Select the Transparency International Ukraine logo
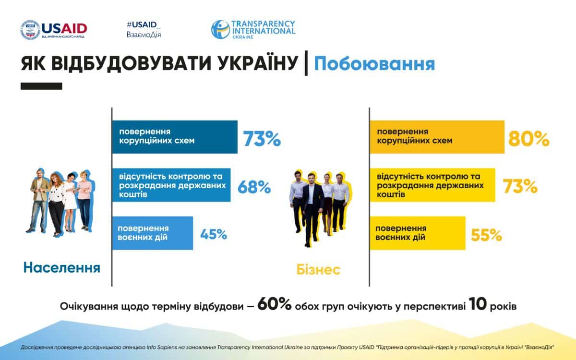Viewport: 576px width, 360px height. point(253,29)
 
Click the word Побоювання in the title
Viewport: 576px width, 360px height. point(374,64)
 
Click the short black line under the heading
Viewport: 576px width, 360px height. point(41,86)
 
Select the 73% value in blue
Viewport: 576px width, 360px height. point(261,139)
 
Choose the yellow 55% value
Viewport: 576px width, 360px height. point(486,235)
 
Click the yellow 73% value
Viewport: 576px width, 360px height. point(520,186)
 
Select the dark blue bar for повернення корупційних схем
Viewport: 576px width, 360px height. point(175,137)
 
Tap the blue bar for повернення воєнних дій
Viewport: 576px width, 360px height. point(153,233)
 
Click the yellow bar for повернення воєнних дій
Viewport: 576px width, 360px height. point(418,233)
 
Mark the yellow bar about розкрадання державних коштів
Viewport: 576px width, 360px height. point(432,184)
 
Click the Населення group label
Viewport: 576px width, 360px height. point(61,267)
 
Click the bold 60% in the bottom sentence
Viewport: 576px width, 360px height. point(274,305)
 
